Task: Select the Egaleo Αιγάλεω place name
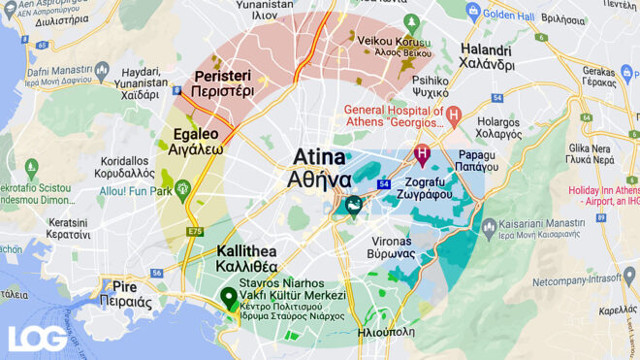(x=198, y=143)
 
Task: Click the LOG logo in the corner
(x=37, y=338)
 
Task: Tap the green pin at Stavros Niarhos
(x=229, y=298)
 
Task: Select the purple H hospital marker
(x=422, y=153)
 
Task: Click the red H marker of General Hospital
(x=453, y=115)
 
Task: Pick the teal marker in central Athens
(x=354, y=205)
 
